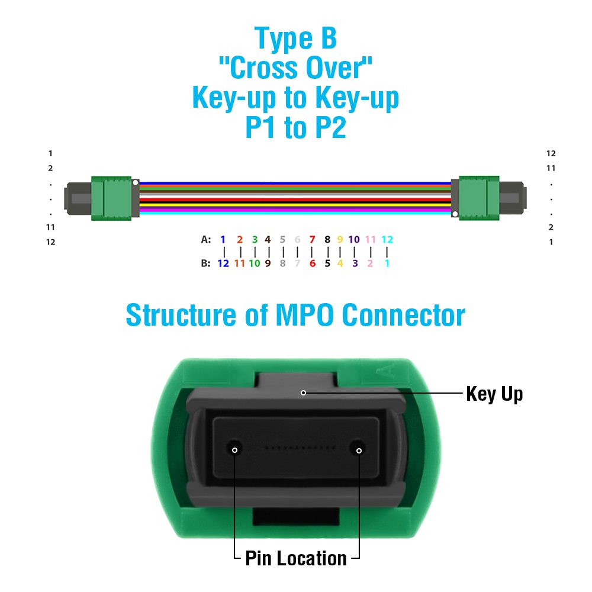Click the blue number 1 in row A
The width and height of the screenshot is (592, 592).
click(x=223, y=239)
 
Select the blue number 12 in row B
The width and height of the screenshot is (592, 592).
click(x=223, y=263)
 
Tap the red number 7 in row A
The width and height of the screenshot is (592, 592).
click(x=312, y=239)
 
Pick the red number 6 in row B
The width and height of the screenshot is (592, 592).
click(x=312, y=263)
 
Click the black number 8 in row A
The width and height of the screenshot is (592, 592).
click(x=327, y=239)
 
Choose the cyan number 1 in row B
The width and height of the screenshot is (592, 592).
click(x=387, y=263)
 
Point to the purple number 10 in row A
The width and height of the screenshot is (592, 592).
click(x=354, y=239)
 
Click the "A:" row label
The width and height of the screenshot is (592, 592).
click(x=206, y=239)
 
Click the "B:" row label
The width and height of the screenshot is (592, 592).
click(x=206, y=263)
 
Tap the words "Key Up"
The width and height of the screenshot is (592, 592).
click(x=494, y=394)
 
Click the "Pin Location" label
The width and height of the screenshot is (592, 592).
click(x=296, y=558)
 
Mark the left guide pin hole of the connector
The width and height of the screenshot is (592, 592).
click(x=234, y=449)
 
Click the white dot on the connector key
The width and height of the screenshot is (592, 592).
click(x=303, y=392)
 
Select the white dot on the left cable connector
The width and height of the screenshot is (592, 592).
click(x=135, y=183)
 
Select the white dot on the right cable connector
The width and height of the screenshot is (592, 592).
click(x=455, y=214)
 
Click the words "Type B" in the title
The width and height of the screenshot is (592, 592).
click(x=295, y=38)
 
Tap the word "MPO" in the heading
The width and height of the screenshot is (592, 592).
click(x=305, y=315)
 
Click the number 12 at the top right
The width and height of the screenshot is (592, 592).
click(x=551, y=153)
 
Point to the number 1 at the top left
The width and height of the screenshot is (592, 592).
click(x=50, y=153)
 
